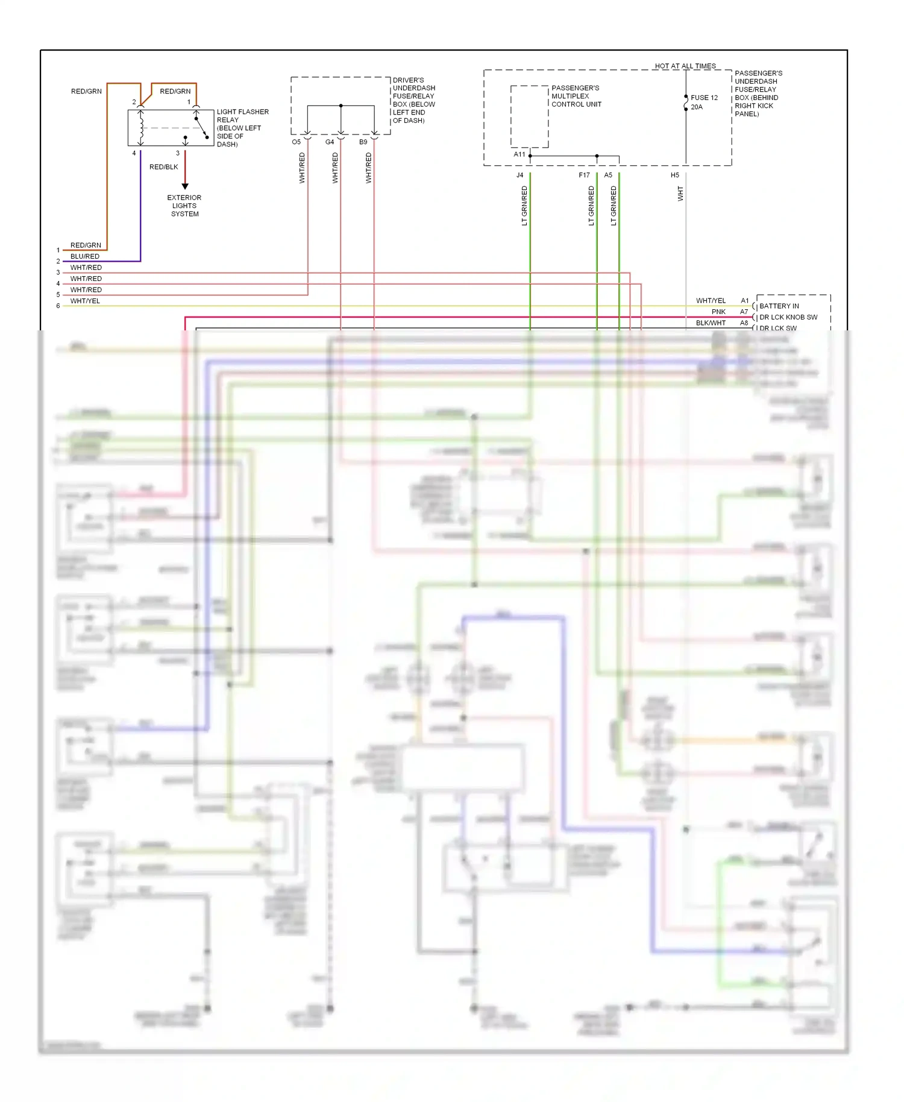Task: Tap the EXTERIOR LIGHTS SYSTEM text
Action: [x=184, y=206]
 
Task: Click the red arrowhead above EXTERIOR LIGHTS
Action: [x=185, y=186]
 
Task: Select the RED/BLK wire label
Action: [x=163, y=167]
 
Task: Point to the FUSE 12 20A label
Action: [x=703, y=102]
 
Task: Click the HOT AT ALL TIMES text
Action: [x=685, y=66]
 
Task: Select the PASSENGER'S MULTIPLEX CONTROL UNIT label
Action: [x=576, y=96]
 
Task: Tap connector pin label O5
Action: [x=296, y=142]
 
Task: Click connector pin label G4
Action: [x=330, y=142]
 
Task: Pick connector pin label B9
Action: [x=363, y=142]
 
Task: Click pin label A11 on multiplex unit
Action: [x=519, y=154]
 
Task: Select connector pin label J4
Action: [x=519, y=175]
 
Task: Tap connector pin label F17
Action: [x=584, y=175]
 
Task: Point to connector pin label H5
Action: [x=675, y=175]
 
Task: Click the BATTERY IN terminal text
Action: [x=779, y=306]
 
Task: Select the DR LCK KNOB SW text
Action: [x=788, y=317]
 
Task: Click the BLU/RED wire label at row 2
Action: [x=85, y=256]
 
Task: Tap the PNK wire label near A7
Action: [x=718, y=312]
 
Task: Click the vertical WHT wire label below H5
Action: [x=680, y=194]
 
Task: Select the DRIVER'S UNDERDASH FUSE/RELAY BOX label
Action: [x=413, y=100]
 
